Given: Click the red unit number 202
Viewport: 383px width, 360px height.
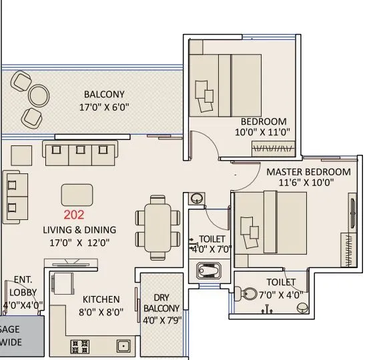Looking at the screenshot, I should [75, 215].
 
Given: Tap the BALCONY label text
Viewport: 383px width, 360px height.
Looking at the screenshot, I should [104, 95].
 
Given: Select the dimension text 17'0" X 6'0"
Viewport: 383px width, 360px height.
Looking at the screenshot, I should [104, 107].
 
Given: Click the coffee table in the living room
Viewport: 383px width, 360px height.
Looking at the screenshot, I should [77, 195].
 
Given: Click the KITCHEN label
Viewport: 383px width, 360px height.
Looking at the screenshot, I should [101, 299].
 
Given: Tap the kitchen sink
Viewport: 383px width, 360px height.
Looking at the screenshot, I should [123, 346].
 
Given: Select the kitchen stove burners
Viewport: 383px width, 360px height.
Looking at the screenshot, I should [80, 346].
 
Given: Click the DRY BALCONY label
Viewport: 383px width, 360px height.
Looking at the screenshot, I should [161, 303].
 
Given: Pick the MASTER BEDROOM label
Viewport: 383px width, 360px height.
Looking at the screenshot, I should [308, 171].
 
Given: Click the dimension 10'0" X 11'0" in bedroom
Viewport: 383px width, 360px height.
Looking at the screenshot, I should [264, 132].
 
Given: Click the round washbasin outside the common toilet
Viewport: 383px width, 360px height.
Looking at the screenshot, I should [196, 199].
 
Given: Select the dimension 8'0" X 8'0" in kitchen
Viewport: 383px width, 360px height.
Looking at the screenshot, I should [101, 311].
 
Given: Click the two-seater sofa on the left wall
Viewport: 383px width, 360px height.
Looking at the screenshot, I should [16, 197].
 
